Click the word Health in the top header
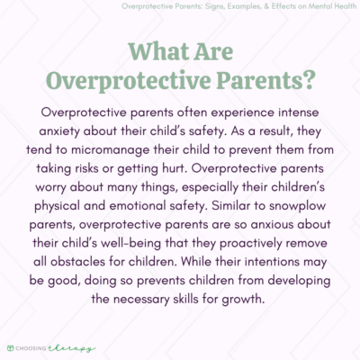337,9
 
